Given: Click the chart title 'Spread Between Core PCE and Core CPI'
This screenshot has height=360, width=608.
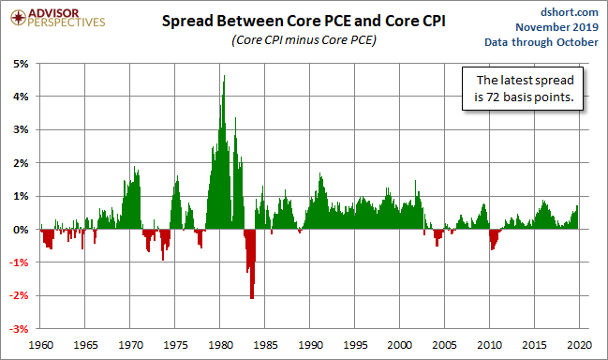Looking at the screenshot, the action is click(304, 21).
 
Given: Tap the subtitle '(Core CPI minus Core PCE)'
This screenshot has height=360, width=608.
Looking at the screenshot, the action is click(304, 40).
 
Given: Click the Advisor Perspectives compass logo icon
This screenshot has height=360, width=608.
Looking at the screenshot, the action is click(18, 18).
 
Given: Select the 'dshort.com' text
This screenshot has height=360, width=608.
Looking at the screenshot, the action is click(570, 12).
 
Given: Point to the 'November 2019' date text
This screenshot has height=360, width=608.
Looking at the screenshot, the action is click(556, 27).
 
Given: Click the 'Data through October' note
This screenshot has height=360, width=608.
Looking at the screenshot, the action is click(541, 42).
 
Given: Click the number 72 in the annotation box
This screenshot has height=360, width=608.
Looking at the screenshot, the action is click(493, 97).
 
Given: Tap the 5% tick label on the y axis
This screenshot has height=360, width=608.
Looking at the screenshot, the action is click(21, 64).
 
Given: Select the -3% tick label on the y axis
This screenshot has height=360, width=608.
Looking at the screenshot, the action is click(20, 329).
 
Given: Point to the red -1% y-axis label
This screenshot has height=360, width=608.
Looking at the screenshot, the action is click(20, 262).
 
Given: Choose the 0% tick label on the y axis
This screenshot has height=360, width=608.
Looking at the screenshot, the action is click(21, 230).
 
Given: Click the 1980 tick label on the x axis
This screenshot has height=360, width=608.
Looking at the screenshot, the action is click(221, 345).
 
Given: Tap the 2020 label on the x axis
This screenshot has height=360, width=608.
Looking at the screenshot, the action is click(580, 345).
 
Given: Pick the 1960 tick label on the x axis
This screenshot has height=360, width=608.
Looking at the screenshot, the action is click(41, 345).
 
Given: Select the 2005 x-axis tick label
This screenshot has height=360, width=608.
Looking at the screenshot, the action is click(444, 345).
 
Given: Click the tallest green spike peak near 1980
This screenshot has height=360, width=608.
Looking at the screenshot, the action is click(224, 77).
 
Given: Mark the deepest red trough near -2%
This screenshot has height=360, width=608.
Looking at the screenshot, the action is click(252, 297).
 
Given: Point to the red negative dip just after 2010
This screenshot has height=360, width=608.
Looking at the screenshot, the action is click(493, 239).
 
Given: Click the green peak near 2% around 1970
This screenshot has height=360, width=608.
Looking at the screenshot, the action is click(135, 168).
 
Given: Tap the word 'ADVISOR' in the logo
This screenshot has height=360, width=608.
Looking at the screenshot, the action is click(53, 13).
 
